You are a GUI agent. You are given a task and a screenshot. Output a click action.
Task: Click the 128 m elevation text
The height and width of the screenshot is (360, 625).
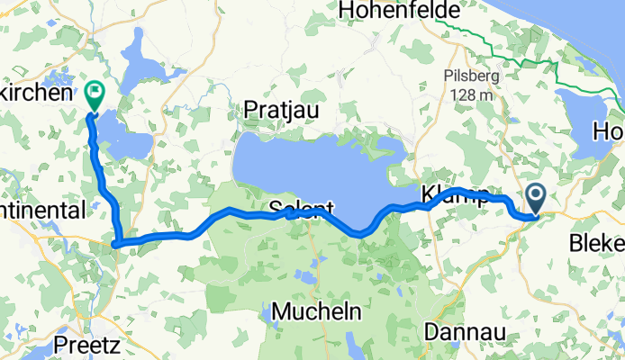(467, 94)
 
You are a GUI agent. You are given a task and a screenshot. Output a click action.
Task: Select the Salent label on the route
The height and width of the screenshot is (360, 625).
(301, 209)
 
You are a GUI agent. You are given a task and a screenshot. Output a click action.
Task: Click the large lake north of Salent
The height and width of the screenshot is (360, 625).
(315, 171)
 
